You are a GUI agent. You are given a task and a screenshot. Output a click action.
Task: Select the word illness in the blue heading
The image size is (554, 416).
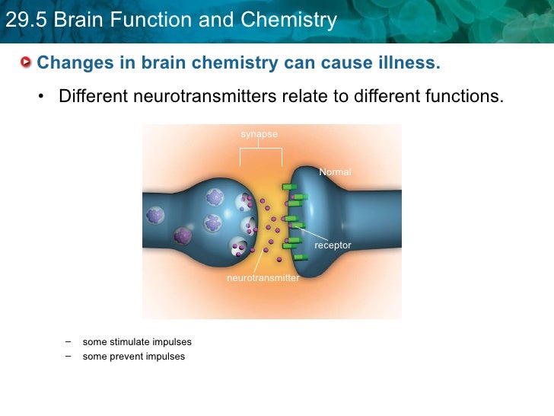click(x=412, y=62)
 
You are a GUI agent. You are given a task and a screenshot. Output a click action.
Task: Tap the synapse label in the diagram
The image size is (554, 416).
click(x=259, y=134)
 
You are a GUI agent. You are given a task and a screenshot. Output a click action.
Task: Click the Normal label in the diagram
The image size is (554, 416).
click(x=335, y=172)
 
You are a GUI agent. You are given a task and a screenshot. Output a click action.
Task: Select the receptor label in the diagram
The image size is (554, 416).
click(x=333, y=245)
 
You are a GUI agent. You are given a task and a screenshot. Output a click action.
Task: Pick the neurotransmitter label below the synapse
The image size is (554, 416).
click(x=263, y=278)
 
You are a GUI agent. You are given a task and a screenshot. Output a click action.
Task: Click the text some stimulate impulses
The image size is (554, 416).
click(x=137, y=342)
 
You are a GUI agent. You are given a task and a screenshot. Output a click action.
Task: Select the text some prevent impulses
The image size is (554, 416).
click(x=134, y=357)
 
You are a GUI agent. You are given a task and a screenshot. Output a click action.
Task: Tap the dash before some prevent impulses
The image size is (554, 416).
click(x=68, y=356)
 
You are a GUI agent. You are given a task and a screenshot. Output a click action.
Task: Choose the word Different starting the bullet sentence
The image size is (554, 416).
click(x=93, y=98)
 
